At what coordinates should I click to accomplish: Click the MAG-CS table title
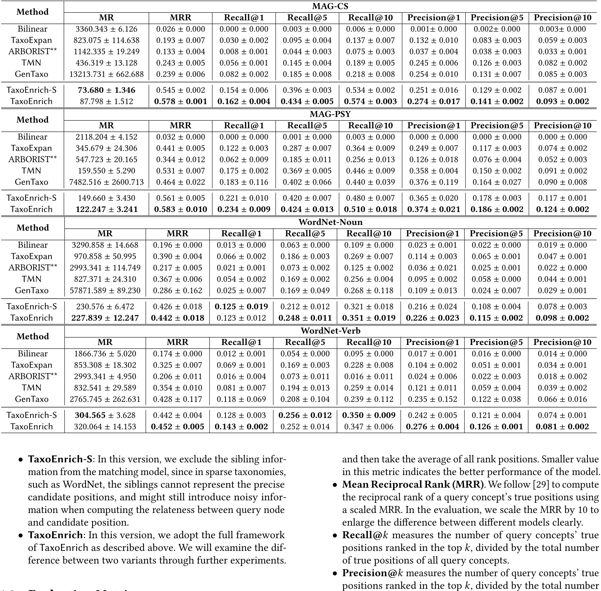[330, 6]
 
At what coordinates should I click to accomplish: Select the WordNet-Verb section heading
[330, 331]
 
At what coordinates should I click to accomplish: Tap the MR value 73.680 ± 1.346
[106, 90]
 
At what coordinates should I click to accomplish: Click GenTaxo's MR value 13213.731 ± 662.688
[106, 74]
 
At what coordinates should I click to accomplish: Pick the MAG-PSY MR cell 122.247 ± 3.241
[106, 209]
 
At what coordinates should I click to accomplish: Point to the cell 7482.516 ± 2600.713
[106, 182]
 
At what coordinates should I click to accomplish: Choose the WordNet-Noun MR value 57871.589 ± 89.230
[105, 291]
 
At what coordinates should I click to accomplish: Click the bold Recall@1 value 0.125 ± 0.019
[241, 307]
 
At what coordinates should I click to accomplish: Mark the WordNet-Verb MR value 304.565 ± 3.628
[105, 415]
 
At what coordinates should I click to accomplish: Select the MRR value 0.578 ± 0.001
[181, 101]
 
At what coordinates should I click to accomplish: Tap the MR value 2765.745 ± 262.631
[105, 399]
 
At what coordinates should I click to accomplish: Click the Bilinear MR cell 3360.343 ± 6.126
[106, 29]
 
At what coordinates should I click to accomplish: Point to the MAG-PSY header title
[330, 114]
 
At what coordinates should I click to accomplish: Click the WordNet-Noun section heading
[330, 222]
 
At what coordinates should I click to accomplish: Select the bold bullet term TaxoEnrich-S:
[61, 459]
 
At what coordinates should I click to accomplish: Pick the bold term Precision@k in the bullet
[372, 573]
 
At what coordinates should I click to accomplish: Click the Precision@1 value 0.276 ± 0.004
[432, 427]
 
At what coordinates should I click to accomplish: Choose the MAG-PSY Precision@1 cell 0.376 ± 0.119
[433, 182]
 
